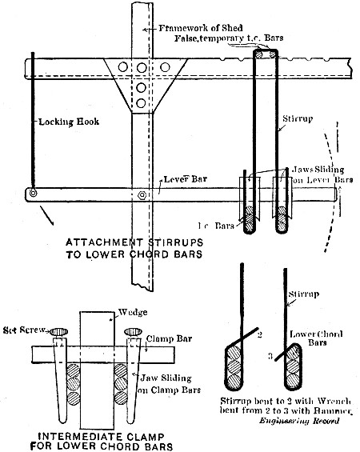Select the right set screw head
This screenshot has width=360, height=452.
pos(132,331)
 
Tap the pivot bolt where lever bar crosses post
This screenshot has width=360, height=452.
pos(142,194)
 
